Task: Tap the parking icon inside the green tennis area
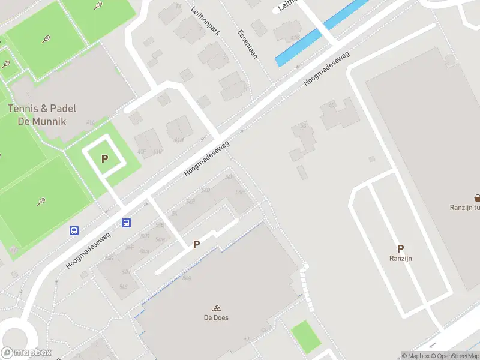pos(105,159)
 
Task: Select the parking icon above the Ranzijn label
pos(400,248)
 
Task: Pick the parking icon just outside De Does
pos(196,245)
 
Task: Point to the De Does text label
pos(216,317)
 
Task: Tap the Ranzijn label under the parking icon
pos(400,259)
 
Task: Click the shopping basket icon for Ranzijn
pos(477,198)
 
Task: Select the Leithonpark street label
pos(205,22)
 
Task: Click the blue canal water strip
pos(321,33)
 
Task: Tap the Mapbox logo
pos(26,353)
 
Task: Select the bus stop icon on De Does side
pos(127,223)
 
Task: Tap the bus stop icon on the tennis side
pos(74,230)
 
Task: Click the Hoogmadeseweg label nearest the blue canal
pos(326,66)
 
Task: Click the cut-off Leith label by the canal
pos(285,5)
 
